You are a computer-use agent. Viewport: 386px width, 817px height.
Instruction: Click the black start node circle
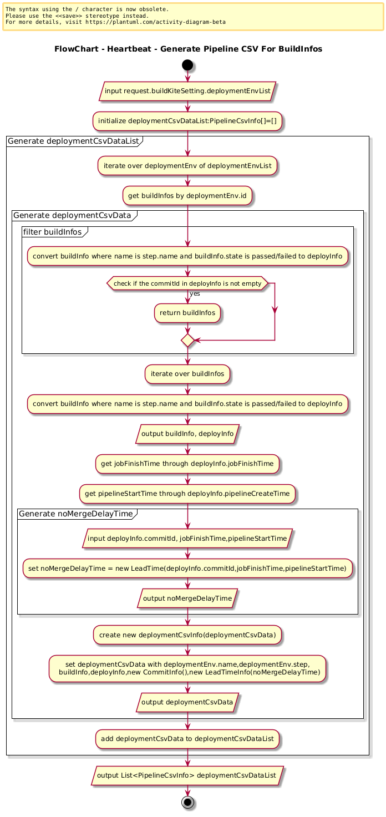187,65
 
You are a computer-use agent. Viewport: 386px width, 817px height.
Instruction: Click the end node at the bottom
187,803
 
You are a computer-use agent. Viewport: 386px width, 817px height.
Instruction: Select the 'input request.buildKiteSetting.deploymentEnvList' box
187,91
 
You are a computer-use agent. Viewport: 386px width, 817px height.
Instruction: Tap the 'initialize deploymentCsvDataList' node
187,121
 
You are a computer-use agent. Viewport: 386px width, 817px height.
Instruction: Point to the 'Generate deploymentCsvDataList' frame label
73,141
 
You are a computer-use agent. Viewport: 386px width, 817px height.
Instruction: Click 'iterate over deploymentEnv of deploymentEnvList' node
187,166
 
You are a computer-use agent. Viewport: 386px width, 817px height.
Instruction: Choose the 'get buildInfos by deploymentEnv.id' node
187,195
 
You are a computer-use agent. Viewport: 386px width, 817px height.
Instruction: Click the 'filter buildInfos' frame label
53,232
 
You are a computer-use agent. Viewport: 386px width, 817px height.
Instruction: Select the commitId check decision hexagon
187,283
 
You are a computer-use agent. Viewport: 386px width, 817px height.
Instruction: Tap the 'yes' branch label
195,293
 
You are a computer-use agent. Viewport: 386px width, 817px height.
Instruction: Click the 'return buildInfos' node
187,313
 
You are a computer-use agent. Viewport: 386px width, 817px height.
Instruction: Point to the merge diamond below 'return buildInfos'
187,341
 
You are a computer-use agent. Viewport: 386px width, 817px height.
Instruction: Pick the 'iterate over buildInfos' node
187,374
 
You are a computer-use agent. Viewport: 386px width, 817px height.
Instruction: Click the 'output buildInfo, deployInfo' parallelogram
187,434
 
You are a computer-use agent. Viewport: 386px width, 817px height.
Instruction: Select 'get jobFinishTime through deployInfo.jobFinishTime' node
187,464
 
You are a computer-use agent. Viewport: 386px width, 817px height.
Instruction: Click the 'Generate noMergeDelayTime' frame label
76,514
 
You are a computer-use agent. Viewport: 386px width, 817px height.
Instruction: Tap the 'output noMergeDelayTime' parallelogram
187,598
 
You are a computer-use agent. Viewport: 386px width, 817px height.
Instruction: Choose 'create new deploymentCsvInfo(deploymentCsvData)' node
187,635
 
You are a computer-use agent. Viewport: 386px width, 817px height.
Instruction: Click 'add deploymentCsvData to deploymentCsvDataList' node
187,739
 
